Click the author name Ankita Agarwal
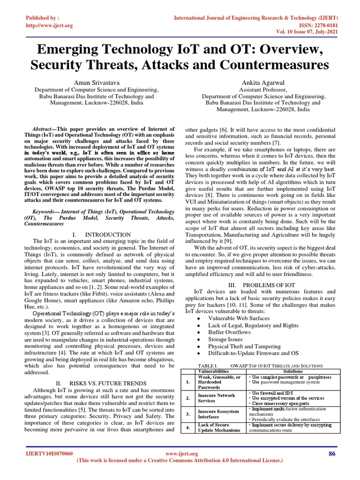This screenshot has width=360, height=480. click(x=263, y=82)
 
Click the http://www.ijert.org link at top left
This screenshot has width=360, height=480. click(x=49, y=25)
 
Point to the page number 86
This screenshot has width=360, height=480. click(x=332, y=453)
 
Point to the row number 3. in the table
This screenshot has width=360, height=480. click(x=187, y=414)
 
